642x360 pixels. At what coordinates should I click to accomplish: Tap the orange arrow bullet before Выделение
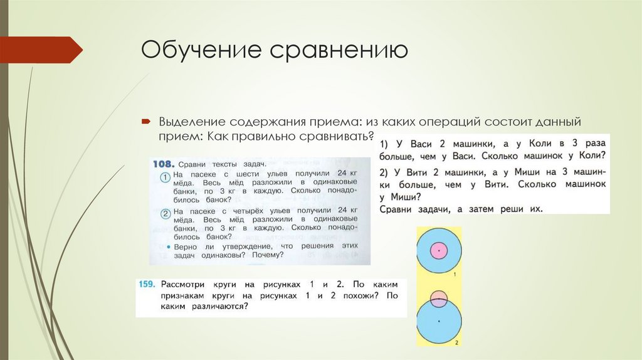coord(145,120)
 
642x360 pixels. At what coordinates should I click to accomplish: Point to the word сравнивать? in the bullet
coord(335,135)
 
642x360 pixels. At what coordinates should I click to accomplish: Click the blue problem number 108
coord(163,164)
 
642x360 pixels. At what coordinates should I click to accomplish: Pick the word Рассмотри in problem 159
coord(182,283)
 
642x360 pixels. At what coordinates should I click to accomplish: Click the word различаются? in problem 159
coord(214,306)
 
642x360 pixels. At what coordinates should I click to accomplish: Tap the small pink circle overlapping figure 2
coord(439,297)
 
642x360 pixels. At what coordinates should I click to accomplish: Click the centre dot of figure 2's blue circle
coord(439,320)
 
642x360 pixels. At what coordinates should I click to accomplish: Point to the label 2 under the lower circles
coord(456,342)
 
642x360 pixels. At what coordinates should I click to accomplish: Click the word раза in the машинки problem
coord(594,142)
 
